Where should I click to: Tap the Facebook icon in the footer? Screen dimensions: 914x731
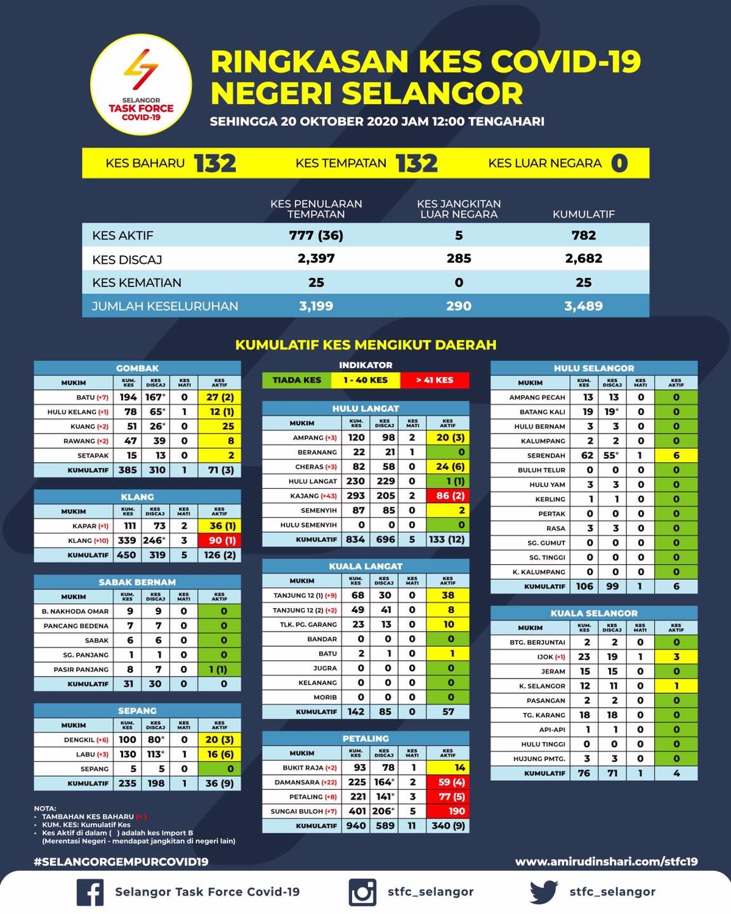point(90,892)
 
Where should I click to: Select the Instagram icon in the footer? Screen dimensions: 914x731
point(362,892)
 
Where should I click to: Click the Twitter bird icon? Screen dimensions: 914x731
point(544,891)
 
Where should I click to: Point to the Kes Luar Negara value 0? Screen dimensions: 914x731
point(619,163)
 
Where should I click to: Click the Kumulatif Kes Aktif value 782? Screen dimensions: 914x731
point(583,235)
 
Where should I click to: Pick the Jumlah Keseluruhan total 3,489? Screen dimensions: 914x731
point(583,306)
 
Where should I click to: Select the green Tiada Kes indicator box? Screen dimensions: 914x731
point(296,380)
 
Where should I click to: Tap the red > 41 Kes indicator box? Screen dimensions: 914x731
point(435,380)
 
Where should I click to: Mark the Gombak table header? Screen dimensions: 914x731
point(137,368)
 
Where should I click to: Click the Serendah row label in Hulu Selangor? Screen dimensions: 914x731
point(546,456)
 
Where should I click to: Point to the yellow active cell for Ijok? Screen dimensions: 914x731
point(676,657)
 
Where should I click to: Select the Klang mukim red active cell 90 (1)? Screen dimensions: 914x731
point(220,541)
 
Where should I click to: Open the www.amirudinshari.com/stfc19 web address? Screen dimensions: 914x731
point(606,861)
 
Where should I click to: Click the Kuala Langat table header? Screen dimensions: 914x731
point(365,566)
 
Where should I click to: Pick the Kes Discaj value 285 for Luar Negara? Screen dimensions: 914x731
point(458,258)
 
